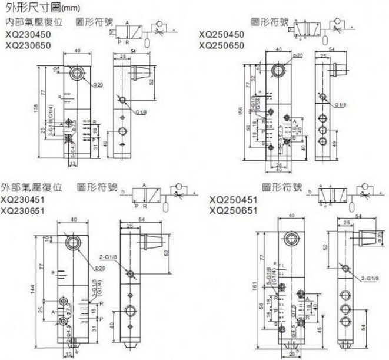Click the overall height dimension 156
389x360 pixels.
coord(239,111)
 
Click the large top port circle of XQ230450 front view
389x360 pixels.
coord(75,75)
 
